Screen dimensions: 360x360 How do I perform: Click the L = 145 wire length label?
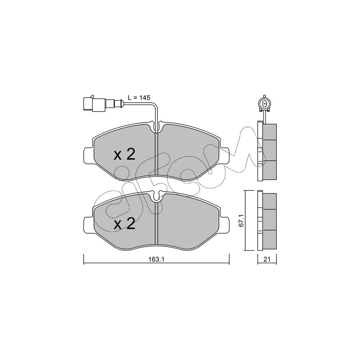(x=139, y=98)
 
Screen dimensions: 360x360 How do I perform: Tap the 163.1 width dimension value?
(x=156, y=260)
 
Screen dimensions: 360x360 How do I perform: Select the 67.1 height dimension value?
(x=241, y=221)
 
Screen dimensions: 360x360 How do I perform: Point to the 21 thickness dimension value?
(x=266, y=260)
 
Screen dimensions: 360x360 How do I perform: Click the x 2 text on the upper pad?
(x=125, y=154)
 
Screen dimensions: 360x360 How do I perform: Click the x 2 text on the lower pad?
(x=125, y=224)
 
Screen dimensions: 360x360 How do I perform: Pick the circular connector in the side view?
(x=265, y=105)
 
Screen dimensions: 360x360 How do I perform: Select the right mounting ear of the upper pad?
(x=224, y=156)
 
